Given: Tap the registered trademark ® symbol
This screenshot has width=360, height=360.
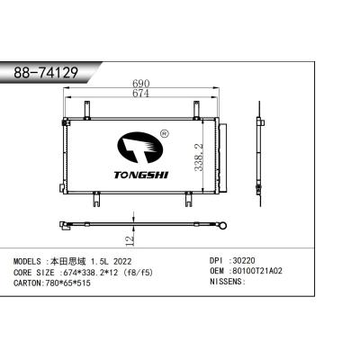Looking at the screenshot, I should pyautogui.click(x=163, y=135).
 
